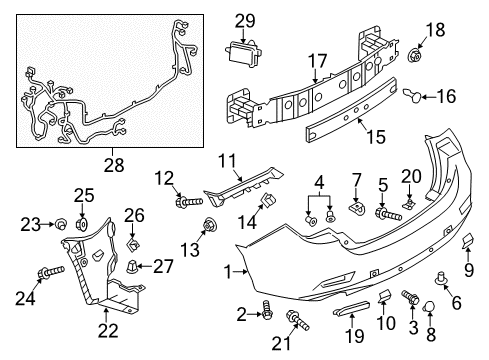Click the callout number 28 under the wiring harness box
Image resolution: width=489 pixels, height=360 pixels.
114,165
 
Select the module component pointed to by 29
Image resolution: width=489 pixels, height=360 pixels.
243,53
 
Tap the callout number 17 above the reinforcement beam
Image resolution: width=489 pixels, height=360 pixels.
318,62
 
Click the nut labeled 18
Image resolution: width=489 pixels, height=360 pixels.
415,55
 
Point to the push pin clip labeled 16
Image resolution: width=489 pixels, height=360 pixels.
413,95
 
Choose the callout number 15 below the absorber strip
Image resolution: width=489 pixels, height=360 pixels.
376,137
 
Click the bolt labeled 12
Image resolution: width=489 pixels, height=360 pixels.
189,202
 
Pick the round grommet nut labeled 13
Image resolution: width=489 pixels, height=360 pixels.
210,225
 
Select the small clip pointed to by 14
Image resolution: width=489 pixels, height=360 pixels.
268,200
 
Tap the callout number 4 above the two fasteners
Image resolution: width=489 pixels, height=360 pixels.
319,182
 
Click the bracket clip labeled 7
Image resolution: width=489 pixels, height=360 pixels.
357,208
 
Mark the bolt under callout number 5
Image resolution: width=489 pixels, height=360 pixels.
388,214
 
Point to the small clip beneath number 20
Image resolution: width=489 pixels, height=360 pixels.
409,203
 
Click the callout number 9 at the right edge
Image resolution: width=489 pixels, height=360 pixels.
469,270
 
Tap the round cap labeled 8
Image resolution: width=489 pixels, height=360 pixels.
429,307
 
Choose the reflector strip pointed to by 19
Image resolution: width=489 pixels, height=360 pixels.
352,308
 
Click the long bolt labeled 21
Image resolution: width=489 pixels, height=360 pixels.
298,319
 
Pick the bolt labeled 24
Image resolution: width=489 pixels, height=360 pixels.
51,272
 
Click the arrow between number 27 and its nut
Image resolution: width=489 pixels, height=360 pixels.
144,266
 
